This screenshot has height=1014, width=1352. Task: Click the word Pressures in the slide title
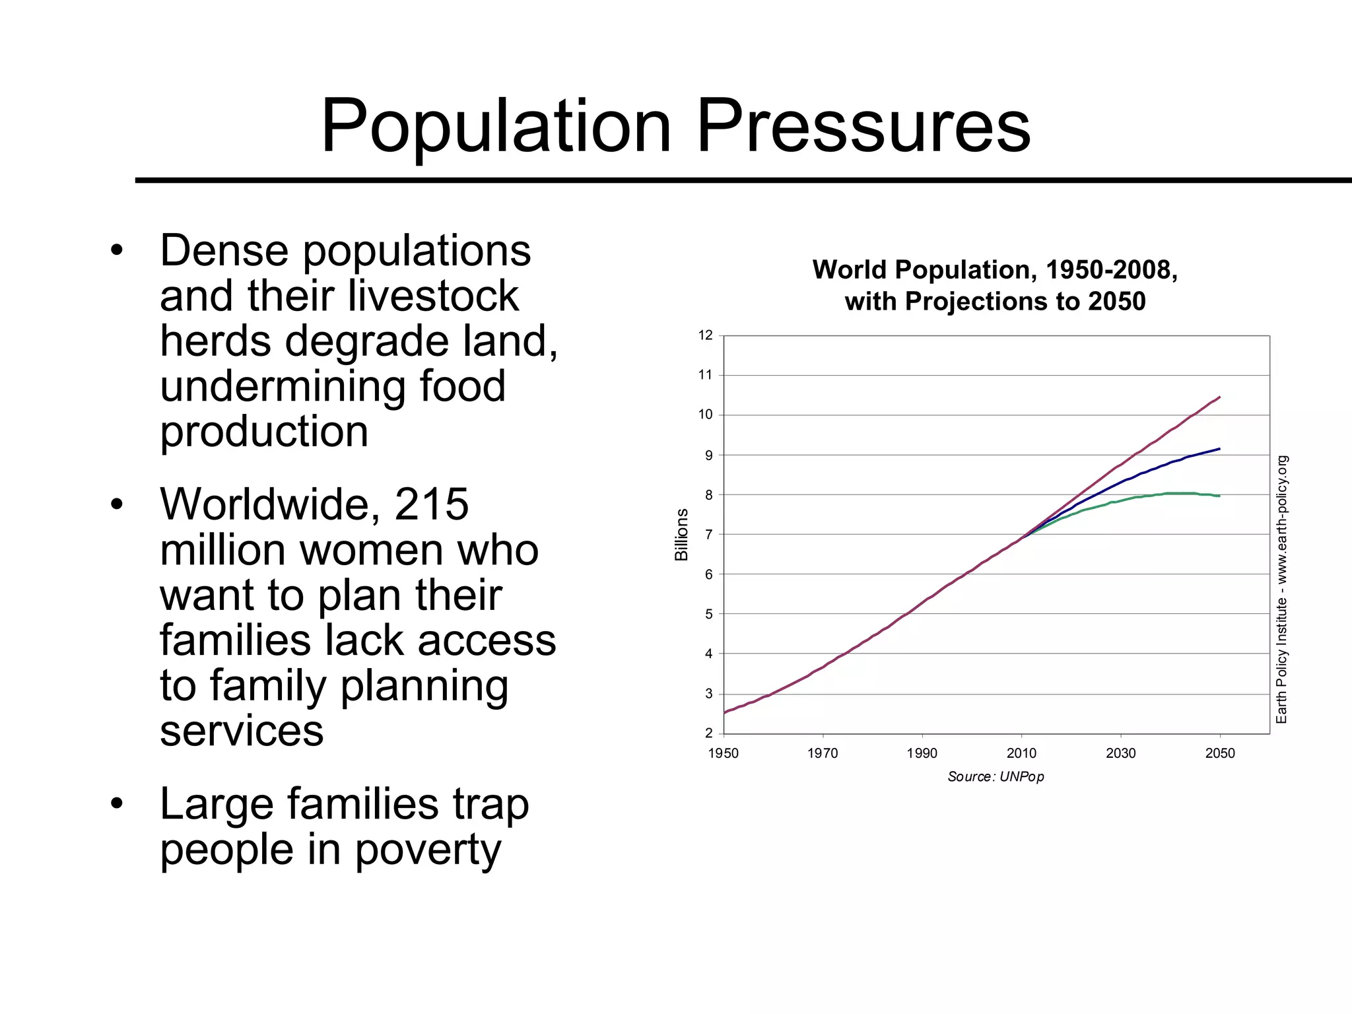tap(863, 125)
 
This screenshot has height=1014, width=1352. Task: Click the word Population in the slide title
tap(496, 125)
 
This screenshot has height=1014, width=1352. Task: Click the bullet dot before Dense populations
tap(118, 251)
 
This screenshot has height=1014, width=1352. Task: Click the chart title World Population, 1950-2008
tap(995, 270)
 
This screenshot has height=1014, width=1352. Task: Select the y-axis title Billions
tap(681, 534)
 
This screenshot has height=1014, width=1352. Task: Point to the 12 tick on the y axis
tap(706, 335)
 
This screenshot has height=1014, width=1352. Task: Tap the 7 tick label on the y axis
tap(708, 535)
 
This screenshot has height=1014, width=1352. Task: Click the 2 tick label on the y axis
tap(708, 733)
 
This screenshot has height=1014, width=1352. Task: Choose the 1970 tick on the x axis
tap(823, 753)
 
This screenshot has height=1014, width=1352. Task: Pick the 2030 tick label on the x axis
tap(1120, 753)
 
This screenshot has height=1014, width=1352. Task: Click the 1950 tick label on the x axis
tap(723, 753)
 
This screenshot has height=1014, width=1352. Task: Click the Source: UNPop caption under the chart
tap(996, 776)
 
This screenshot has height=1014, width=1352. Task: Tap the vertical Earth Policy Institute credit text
tap(1281, 590)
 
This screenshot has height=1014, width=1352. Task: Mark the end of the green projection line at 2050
tap(1219, 496)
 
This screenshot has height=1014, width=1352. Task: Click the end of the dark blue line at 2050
tap(1219, 449)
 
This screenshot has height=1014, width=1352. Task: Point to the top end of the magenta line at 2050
tap(1219, 397)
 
